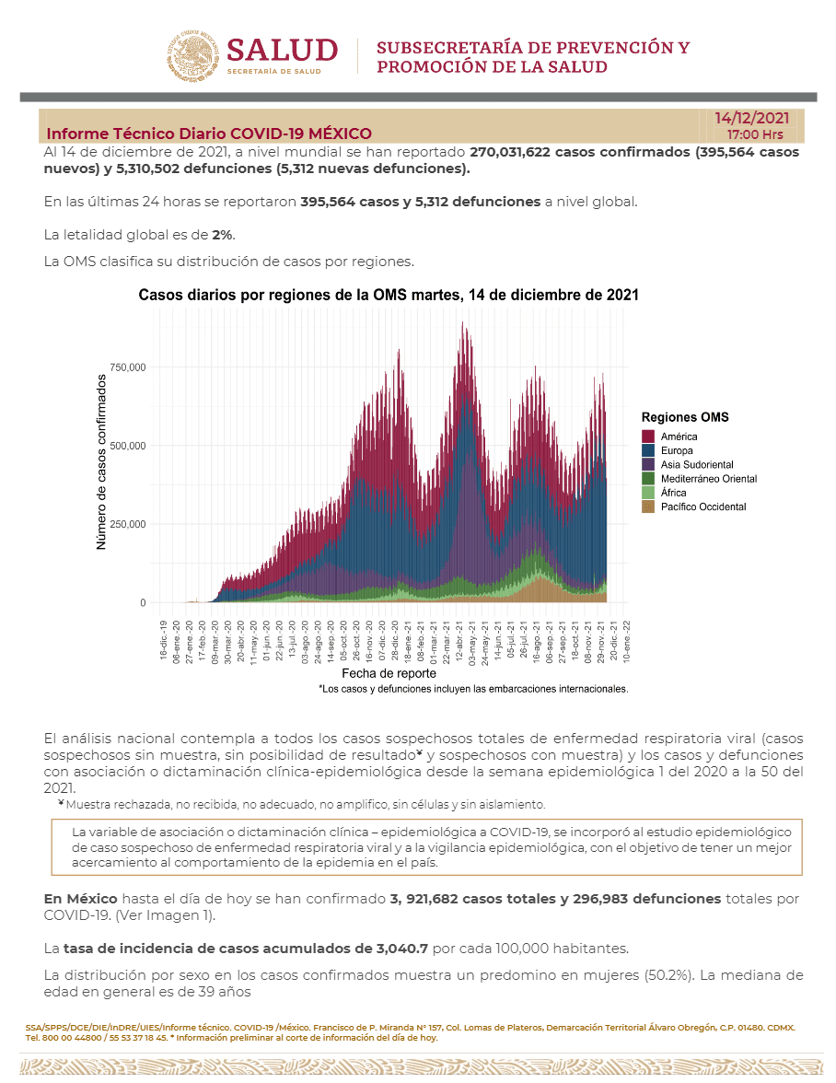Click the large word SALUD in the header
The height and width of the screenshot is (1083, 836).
283,51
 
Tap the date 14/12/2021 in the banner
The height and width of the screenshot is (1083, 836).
752,118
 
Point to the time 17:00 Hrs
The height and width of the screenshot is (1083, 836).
755,134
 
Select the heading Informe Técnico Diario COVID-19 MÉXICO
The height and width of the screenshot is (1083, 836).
208,134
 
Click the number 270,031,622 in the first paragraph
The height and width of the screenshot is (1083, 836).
510,152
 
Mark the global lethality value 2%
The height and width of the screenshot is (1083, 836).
222,235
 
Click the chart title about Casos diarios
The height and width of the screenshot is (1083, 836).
389,295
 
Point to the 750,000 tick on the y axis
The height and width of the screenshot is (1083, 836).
128,367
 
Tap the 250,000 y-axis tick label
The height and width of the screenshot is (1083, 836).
128,524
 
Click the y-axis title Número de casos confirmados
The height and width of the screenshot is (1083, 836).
101,462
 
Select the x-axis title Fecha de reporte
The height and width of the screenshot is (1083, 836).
389,673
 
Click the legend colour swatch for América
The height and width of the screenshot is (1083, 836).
648,437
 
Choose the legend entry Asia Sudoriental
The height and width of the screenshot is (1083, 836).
697,465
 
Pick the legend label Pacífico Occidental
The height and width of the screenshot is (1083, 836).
703,507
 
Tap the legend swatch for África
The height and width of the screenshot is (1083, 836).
648,493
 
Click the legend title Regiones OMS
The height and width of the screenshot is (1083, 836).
685,417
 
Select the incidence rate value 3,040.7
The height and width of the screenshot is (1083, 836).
401,949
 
